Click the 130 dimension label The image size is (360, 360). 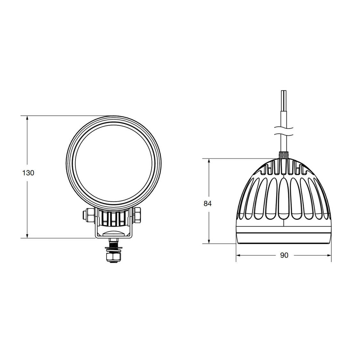click(x=28, y=173)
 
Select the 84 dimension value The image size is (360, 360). click(x=208, y=204)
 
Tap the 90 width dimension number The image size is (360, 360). click(x=284, y=255)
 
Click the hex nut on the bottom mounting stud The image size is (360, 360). click(x=113, y=257)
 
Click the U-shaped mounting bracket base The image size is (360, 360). click(x=113, y=236)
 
